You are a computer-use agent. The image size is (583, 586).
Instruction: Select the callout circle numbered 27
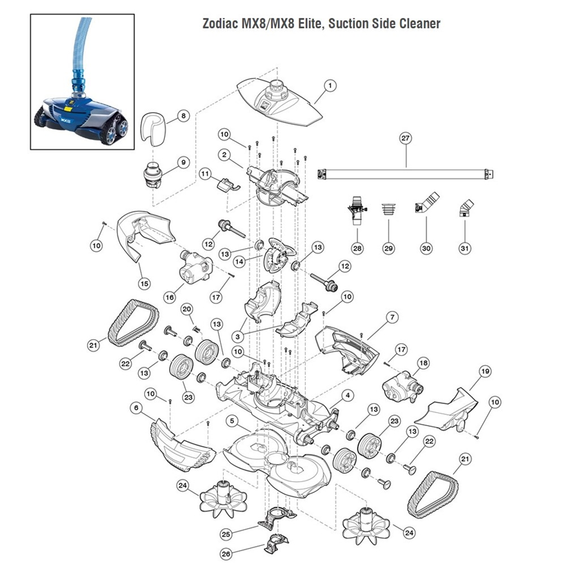coord(405,138)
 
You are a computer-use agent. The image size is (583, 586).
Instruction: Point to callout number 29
coord(388,247)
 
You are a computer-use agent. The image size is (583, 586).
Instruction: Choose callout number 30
coord(426,247)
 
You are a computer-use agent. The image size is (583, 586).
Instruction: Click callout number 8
coord(183,116)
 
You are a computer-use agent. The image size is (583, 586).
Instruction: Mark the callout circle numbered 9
coord(183,162)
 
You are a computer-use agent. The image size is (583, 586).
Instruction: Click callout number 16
coord(168,297)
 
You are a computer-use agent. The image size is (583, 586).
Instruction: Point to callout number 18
coord(423,362)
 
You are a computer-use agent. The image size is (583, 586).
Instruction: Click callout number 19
coord(485,372)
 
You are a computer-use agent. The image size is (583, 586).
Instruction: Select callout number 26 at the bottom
coord(226,553)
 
